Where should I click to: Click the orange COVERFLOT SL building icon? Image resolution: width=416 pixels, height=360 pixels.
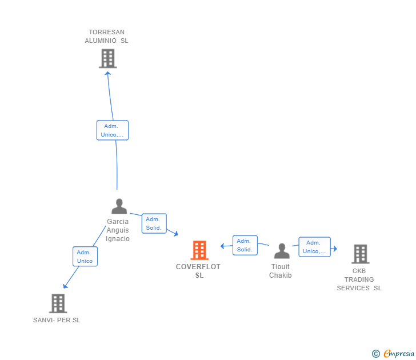pyautogui.click(x=199, y=250)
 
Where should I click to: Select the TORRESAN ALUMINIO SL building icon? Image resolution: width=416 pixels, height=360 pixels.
pyautogui.click(x=108, y=58)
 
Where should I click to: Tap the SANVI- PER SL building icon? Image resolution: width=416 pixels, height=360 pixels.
pyautogui.click(x=58, y=303)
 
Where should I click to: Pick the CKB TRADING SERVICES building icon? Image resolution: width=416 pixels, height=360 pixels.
pyautogui.click(x=361, y=254)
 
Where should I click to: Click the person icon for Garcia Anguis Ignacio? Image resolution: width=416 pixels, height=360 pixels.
pyautogui.click(x=119, y=206)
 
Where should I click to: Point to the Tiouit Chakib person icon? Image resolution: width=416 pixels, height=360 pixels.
pyautogui.click(x=282, y=251)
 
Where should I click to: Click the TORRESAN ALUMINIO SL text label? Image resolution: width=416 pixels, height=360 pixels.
pyautogui.click(x=106, y=37)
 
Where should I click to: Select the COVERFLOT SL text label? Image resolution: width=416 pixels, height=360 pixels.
pyautogui.click(x=198, y=271)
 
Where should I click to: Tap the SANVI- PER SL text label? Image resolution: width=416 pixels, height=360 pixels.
pyautogui.click(x=57, y=320)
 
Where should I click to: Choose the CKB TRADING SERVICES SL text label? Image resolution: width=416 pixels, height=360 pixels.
pyautogui.click(x=359, y=279)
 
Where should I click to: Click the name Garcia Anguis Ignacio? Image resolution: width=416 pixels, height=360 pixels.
pyautogui.click(x=118, y=230)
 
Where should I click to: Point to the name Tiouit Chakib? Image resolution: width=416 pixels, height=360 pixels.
pyautogui.click(x=281, y=271)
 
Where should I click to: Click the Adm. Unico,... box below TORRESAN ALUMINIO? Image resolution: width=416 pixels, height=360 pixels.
pyautogui.click(x=113, y=130)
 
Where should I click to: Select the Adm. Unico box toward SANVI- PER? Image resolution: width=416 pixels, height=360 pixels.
pyautogui.click(x=85, y=257)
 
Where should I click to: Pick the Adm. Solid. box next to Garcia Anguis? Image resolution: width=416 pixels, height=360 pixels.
pyautogui.click(x=154, y=223)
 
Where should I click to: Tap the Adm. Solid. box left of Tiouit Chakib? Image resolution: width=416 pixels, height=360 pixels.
pyautogui.click(x=245, y=245)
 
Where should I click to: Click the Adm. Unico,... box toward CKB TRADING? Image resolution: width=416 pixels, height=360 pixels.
pyautogui.click(x=315, y=247)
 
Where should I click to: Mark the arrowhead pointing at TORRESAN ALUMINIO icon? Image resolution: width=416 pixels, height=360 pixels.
pyautogui.click(x=107, y=74)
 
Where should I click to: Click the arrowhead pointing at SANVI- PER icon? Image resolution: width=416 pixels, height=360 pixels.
pyautogui.click(x=65, y=286)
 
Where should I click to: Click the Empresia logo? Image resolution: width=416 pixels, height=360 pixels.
pyautogui.click(x=393, y=354)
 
